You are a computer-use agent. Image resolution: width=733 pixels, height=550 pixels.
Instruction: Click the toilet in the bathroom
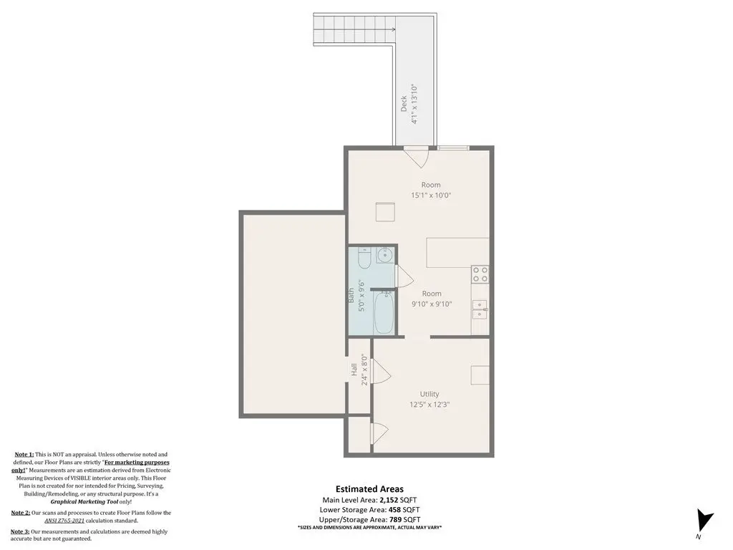pos(364,258)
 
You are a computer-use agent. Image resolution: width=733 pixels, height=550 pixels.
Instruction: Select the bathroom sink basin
pos(385,256)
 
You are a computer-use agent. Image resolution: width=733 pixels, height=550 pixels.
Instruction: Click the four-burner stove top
pos(480,274)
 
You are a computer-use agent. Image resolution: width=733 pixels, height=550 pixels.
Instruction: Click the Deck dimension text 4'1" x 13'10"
pos(414,105)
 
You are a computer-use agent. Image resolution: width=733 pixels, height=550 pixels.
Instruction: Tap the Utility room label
pos(429,395)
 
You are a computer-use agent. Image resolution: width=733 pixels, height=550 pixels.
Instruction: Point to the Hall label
pos(354,370)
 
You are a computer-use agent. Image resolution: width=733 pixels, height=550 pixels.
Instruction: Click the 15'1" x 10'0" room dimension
pos(431,196)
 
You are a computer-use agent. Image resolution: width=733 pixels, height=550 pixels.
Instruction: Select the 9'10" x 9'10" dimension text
pos(432,304)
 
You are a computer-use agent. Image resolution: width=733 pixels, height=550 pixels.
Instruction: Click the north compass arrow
pos(704,521)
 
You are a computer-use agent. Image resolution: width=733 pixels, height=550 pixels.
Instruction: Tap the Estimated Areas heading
pos(369,489)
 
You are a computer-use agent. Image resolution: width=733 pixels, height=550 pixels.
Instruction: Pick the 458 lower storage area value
pos(395,510)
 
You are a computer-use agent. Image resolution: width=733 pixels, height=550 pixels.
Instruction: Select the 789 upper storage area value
pos(395,520)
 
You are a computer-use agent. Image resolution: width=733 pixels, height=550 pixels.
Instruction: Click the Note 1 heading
pos(24,454)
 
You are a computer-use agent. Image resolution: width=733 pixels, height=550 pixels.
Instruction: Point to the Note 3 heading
pos(20,531)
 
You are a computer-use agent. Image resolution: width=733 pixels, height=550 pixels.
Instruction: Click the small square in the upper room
pos(386,212)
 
